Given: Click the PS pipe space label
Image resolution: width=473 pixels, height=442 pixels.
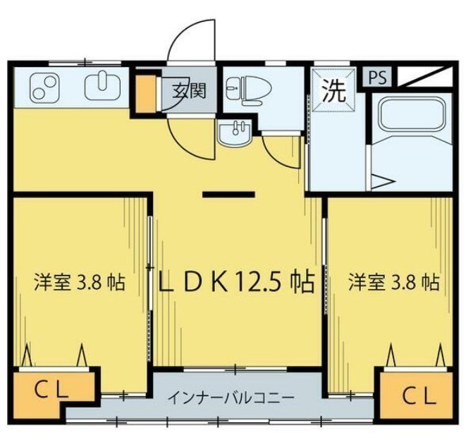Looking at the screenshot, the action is pyautogui.click(x=377, y=78).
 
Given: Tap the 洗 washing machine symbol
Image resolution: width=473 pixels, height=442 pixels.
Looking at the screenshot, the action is pyautogui.click(x=333, y=90).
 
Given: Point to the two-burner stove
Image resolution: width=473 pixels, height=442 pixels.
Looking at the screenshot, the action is pyautogui.click(x=44, y=87).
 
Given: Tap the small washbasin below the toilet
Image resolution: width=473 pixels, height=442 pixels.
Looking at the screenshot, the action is pyautogui.click(x=235, y=133).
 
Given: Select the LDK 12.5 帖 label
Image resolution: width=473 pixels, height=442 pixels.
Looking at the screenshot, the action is pyautogui.click(x=237, y=282).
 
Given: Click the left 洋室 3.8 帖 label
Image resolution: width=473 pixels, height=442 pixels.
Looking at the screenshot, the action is pyautogui.click(x=80, y=281).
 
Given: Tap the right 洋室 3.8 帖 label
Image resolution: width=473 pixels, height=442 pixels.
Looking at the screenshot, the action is pyautogui.click(x=394, y=281).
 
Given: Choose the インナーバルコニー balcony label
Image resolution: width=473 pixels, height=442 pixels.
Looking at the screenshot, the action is pyautogui.click(x=231, y=398).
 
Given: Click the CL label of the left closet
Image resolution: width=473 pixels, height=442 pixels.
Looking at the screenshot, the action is pyautogui.click(x=51, y=390).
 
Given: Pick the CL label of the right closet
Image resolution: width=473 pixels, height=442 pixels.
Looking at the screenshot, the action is pyautogui.click(x=419, y=396).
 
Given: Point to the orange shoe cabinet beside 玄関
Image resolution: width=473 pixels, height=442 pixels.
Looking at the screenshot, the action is pyautogui.click(x=145, y=93).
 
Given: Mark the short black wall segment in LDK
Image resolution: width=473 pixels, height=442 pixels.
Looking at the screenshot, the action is pyautogui.click(x=228, y=195).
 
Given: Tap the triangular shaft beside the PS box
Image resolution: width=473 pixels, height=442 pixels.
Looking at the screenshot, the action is pyautogui.click(x=425, y=76).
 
